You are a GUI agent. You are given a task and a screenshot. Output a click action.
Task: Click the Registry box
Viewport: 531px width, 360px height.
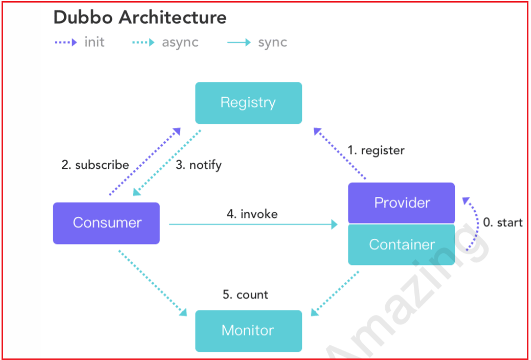pyautogui.click(x=249, y=103)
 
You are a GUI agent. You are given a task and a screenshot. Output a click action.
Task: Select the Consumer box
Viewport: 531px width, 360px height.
pyautogui.click(x=106, y=223)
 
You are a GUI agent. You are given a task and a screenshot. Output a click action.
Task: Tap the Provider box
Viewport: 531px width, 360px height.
pyautogui.click(x=401, y=203)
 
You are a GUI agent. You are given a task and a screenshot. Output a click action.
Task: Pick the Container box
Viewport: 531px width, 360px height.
pyautogui.click(x=401, y=244)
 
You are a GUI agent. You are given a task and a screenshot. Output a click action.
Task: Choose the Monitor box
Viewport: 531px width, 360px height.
pyautogui.click(x=249, y=331)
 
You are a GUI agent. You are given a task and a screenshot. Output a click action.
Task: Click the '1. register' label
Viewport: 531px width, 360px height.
pyautogui.click(x=376, y=150)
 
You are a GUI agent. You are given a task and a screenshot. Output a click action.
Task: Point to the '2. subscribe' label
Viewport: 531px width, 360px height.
pyautogui.click(x=95, y=165)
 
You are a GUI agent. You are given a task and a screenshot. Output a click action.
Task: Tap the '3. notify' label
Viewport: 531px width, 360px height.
pyautogui.click(x=199, y=165)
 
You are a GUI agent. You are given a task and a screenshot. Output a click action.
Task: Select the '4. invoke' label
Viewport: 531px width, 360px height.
pyautogui.click(x=252, y=214)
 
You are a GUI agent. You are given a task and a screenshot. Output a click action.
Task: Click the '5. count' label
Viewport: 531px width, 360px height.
pyautogui.click(x=246, y=295)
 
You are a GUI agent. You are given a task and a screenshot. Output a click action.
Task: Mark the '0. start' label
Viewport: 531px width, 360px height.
pyautogui.click(x=502, y=222)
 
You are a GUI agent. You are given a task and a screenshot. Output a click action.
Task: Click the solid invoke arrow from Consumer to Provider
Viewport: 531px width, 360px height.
pyautogui.click(x=253, y=224)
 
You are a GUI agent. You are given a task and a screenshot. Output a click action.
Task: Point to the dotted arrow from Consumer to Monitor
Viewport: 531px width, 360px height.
pyautogui.click(x=153, y=283)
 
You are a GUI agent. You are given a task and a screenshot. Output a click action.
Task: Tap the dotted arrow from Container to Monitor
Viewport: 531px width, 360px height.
pyautogui.click(x=335, y=294)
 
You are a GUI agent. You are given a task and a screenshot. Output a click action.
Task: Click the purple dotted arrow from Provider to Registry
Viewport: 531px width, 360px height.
pyautogui.click(x=340, y=153)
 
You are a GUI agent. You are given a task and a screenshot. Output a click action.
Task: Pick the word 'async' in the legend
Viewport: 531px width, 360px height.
pyautogui.click(x=180, y=42)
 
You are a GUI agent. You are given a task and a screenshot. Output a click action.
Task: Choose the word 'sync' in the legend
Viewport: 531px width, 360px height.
pyautogui.click(x=273, y=42)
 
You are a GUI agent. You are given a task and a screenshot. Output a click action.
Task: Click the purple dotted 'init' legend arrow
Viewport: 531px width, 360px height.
pyautogui.click(x=65, y=42)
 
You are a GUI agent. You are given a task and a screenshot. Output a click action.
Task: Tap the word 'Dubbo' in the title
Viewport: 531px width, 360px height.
pyautogui.click(x=83, y=17)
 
